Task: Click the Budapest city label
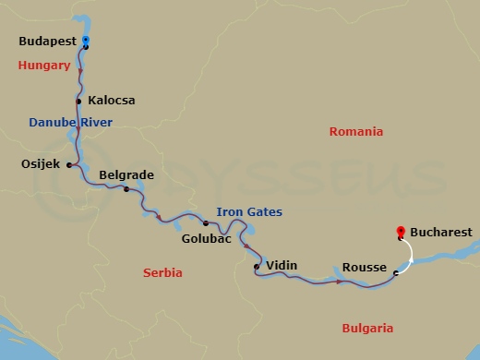tap(48, 42)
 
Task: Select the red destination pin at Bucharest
tap(400, 233)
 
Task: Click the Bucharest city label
tap(440, 233)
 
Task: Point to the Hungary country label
tap(44, 66)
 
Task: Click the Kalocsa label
tap(112, 100)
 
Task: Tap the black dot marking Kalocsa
tap(79, 100)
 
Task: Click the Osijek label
tap(40, 164)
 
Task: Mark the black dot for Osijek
tap(70, 164)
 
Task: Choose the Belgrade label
tap(127, 174)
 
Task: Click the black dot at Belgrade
tap(126, 189)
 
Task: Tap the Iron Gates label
tap(249, 212)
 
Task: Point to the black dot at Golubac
tap(205, 222)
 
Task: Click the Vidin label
tap(282, 265)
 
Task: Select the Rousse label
tap(365, 267)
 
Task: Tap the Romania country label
tap(355, 132)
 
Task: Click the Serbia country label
tap(162, 273)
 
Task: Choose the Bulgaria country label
tap(367, 328)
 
